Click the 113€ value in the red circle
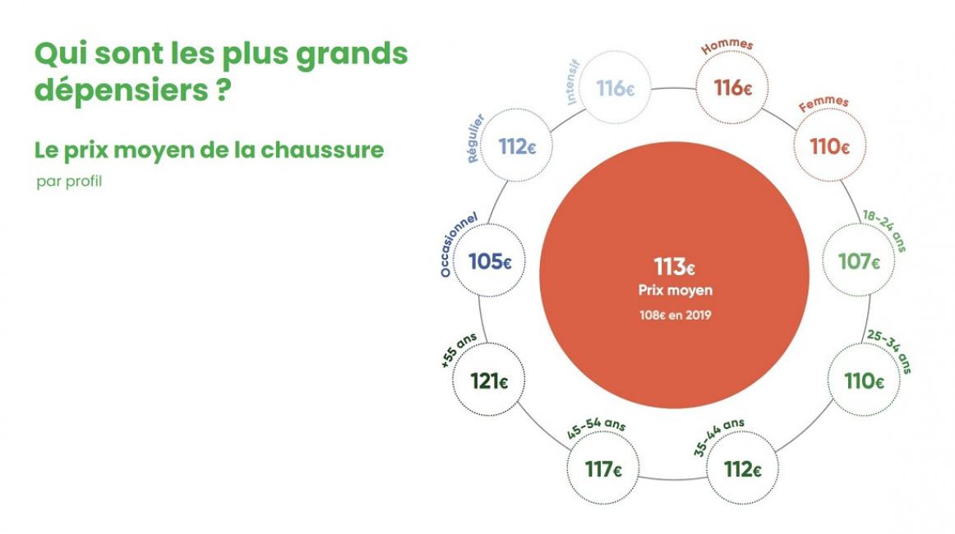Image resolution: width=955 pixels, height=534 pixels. [x=675, y=267]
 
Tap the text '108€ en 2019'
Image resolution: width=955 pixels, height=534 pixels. [x=675, y=315]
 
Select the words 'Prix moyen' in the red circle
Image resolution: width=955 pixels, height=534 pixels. [x=675, y=291]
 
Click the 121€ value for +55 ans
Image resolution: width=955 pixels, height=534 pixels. [x=488, y=381]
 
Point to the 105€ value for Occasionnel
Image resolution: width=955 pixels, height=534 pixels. [x=490, y=262]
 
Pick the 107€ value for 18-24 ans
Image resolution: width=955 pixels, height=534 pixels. [x=859, y=262]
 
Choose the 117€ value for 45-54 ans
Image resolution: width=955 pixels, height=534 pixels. [x=603, y=469]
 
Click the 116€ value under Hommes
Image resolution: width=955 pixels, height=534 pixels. [x=733, y=88]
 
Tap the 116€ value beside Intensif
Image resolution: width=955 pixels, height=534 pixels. [x=615, y=88]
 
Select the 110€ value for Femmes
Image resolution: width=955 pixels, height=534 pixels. [x=829, y=146]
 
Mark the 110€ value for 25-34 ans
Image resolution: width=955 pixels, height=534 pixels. [x=864, y=381]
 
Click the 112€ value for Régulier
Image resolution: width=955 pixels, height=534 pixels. [x=517, y=147]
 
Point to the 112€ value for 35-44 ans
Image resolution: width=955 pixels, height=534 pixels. [x=742, y=469]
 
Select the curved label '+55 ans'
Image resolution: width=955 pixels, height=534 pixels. [x=459, y=350]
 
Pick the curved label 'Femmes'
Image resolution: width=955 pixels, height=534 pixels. [x=824, y=104]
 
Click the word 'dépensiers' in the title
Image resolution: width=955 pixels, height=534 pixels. [x=121, y=90]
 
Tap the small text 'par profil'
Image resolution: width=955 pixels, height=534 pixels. [x=69, y=182]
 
